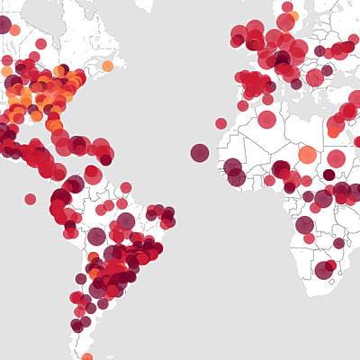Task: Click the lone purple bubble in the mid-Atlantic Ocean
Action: click(x=200, y=152)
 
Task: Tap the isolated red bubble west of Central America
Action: click(x=30, y=199)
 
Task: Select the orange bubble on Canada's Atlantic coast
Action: click(x=108, y=66)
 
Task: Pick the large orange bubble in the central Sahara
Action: click(x=307, y=154)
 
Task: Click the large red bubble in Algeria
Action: click(x=266, y=120)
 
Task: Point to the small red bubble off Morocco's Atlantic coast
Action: click(x=220, y=123)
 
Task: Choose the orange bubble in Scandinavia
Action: click(x=294, y=16)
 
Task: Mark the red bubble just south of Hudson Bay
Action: click(x=40, y=43)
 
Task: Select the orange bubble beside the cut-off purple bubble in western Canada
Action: click(x=15, y=30)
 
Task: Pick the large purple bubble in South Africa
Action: click(x=323, y=270)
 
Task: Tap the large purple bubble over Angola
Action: click(x=305, y=225)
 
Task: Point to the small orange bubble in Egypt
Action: click(x=333, y=132)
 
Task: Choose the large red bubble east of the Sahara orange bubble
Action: click(x=337, y=158)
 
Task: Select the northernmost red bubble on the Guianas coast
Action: click(x=126, y=187)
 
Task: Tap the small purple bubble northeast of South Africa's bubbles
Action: click(x=338, y=243)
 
